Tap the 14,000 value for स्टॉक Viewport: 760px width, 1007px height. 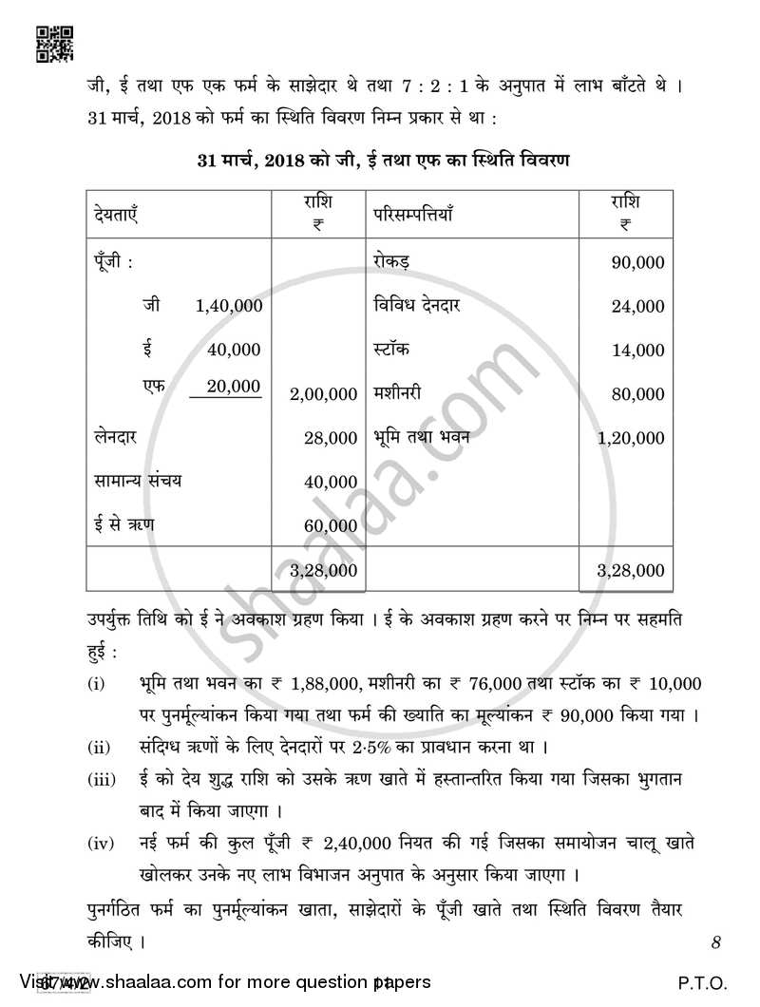tap(638, 351)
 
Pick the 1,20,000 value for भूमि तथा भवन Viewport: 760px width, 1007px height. tap(632, 439)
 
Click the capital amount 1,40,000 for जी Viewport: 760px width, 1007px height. tap(228, 306)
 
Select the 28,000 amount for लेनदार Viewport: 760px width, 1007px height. tap(331, 438)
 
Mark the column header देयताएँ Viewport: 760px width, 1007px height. tap(117, 216)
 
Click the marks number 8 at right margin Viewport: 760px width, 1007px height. tap(715, 943)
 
